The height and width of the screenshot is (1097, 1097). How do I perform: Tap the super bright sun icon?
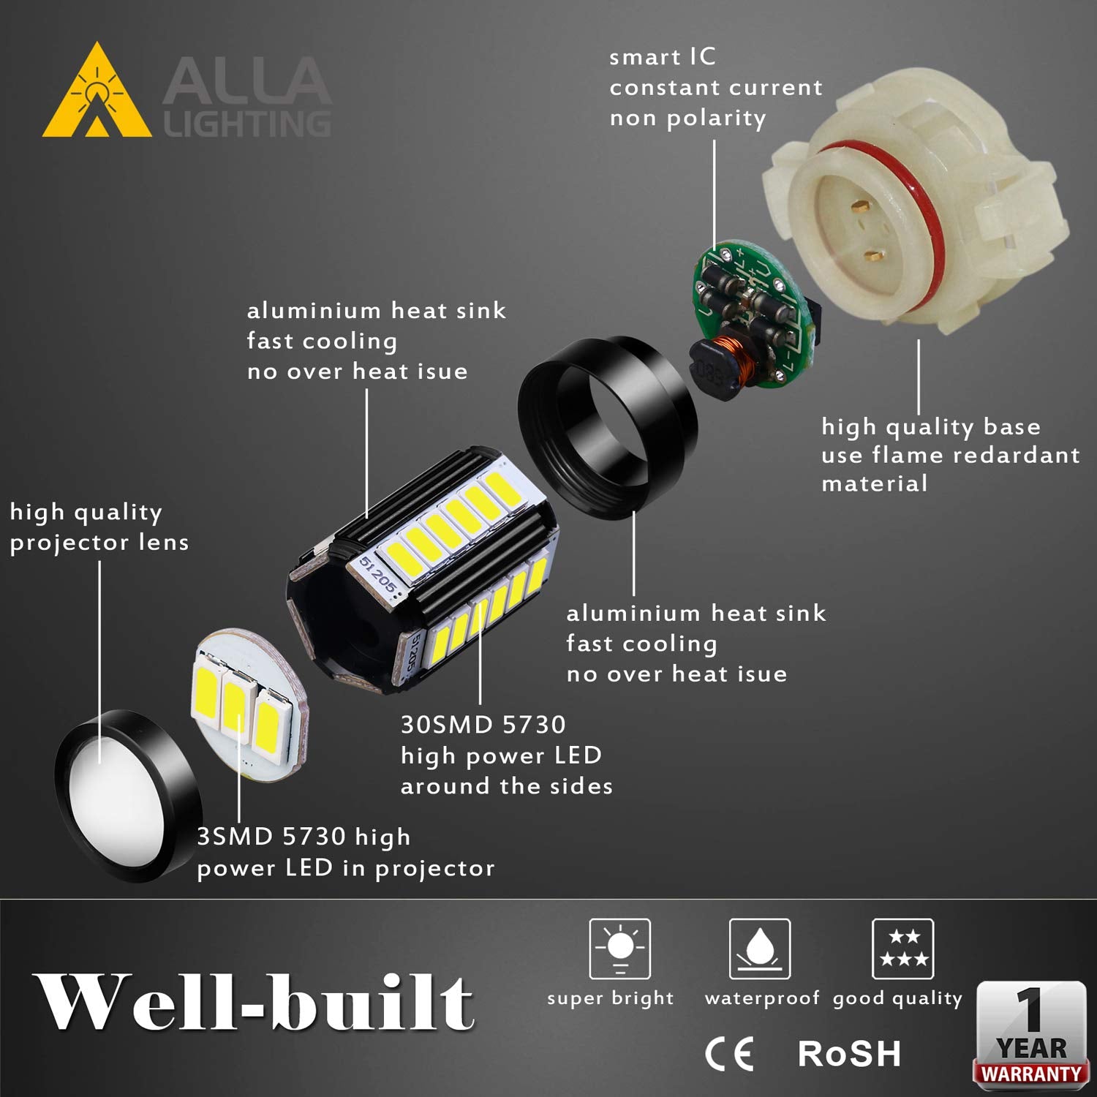point(620,949)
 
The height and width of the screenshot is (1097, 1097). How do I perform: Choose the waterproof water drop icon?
point(760,949)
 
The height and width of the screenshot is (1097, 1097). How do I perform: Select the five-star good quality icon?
point(903,949)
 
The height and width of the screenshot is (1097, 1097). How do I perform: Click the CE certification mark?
point(729,1054)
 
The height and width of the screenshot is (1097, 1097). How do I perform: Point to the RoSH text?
point(849,1054)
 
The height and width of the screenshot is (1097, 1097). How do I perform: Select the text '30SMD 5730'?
point(483,725)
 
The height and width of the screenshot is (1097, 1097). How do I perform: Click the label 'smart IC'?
point(663,57)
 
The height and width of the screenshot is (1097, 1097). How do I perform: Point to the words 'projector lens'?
point(99,543)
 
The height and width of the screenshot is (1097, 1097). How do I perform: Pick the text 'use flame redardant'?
point(950,456)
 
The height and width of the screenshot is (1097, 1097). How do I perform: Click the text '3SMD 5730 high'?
point(304,837)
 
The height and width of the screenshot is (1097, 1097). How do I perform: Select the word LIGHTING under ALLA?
point(247,124)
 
